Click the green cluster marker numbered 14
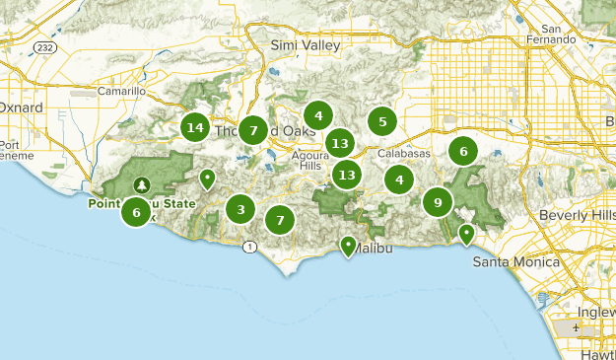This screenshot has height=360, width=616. pyautogui.click(x=195, y=127)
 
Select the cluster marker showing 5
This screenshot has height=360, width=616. pyautogui.click(x=382, y=122)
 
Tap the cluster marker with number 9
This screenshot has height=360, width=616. pyautogui.click(x=438, y=202)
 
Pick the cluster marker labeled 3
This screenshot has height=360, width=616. pyautogui.click(x=240, y=209)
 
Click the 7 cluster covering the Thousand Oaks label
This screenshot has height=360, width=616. pyautogui.click(x=253, y=130)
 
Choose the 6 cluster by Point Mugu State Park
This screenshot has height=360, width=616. pyautogui.click(x=137, y=211)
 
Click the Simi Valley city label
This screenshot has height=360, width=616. pyautogui.click(x=306, y=45)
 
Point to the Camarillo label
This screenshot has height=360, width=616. pyautogui.click(x=122, y=91)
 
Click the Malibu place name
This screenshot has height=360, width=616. pyautogui.click(x=373, y=248)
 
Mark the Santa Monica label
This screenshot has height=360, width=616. pyautogui.click(x=515, y=262)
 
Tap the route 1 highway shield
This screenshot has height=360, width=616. pyautogui.click(x=253, y=246)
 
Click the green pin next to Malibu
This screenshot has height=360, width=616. pyautogui.click(x=348, y=245)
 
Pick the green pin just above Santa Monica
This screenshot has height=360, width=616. pyautogui.click(x=466, y=234)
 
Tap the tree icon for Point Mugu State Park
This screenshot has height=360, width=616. pyautogui.click(x=143, y=184)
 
